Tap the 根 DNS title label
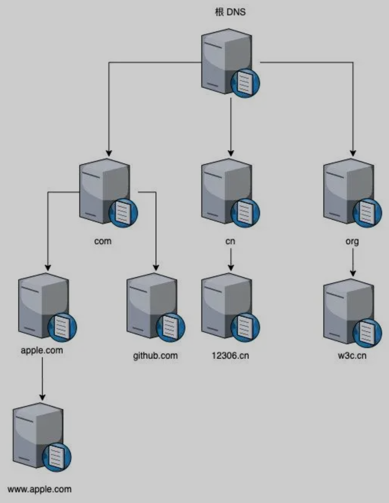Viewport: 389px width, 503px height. pos(230,12)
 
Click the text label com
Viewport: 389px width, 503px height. pos(103,241)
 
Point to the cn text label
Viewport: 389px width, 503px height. pos(230,241)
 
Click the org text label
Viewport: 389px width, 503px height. pos(352,241)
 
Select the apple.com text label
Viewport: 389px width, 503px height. pos(42,350)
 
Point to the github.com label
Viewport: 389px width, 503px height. pos(155,356)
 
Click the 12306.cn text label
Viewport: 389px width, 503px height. pos(230,356)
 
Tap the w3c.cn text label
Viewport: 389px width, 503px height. pos(352,356)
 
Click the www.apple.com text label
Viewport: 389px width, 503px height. pos(39,489)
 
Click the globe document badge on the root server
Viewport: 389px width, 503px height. pos(245,83)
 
